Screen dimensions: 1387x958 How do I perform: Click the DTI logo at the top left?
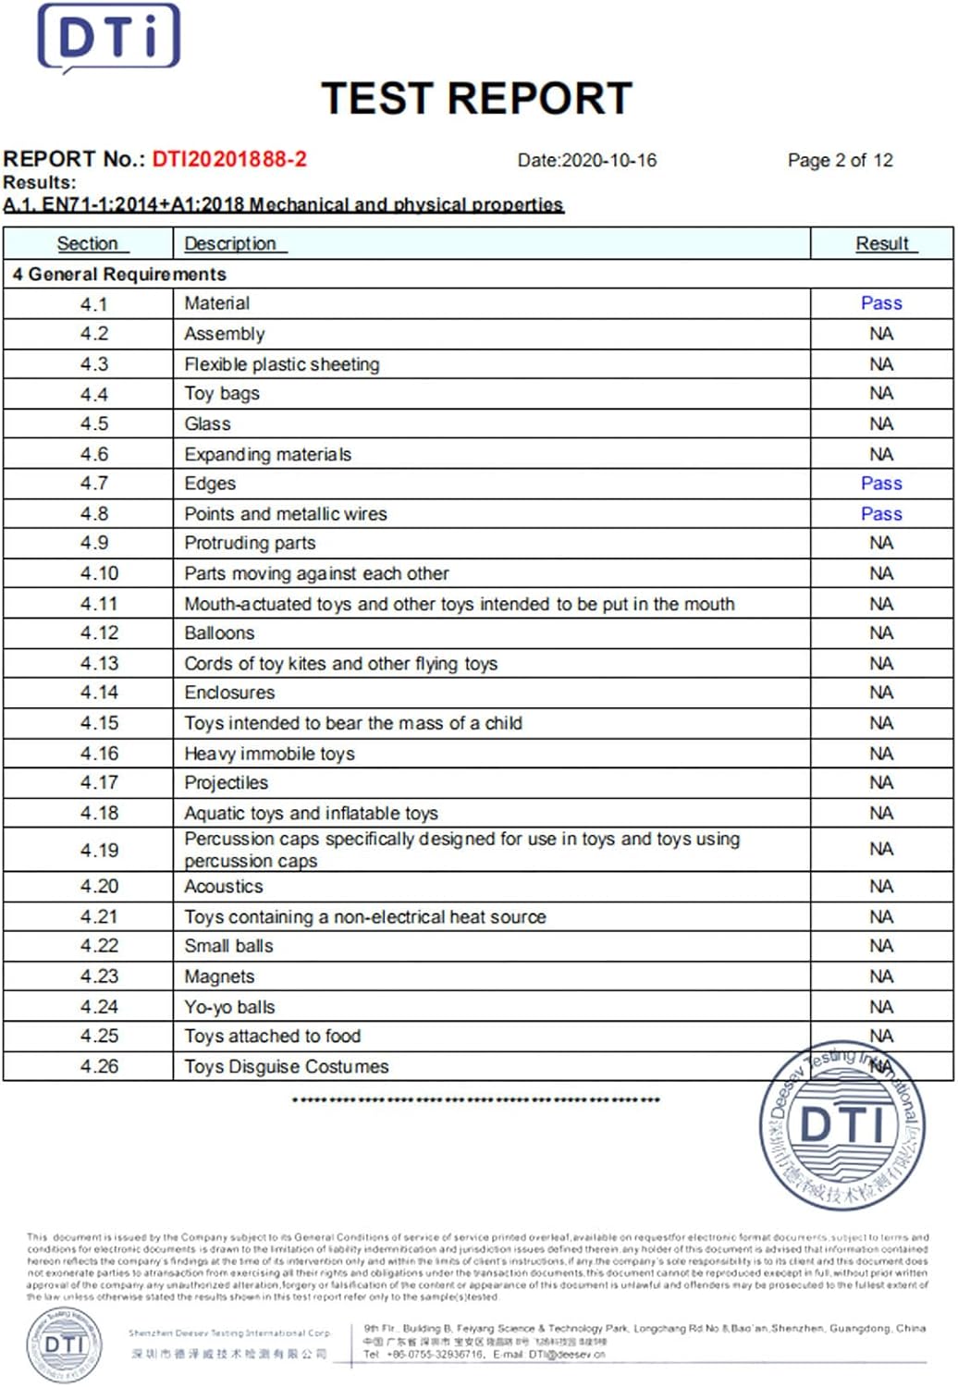coord(108,38)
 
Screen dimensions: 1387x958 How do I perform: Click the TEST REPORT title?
coord(476,99)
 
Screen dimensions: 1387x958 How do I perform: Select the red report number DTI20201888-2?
coord(229,159)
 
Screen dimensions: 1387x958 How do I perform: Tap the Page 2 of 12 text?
coord(840,160)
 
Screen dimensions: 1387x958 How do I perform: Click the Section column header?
coord(88,243)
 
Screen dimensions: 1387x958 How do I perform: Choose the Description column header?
coord(230,243)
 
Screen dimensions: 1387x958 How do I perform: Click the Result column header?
coord(882,243)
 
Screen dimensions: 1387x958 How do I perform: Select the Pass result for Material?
coord(881,303)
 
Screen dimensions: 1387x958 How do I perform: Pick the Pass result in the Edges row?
coord(881,484)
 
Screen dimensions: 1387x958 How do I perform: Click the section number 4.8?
coord(94,513)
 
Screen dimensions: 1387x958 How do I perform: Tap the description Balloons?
coord(219,633)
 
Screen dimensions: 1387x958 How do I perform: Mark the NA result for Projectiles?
coord(881,783)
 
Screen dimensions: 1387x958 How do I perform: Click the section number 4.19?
coord(99,850)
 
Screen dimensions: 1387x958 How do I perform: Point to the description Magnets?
coord(219,976)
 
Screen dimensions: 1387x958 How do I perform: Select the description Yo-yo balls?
coord(229,1007)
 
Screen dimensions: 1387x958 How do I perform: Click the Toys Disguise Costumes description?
coord(287,1066)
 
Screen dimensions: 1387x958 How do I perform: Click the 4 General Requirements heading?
coord(119,275)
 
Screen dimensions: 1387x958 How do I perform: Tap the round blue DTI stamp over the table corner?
coord(841,1127)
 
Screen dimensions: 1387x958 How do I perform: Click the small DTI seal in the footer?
coord(64,1344)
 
